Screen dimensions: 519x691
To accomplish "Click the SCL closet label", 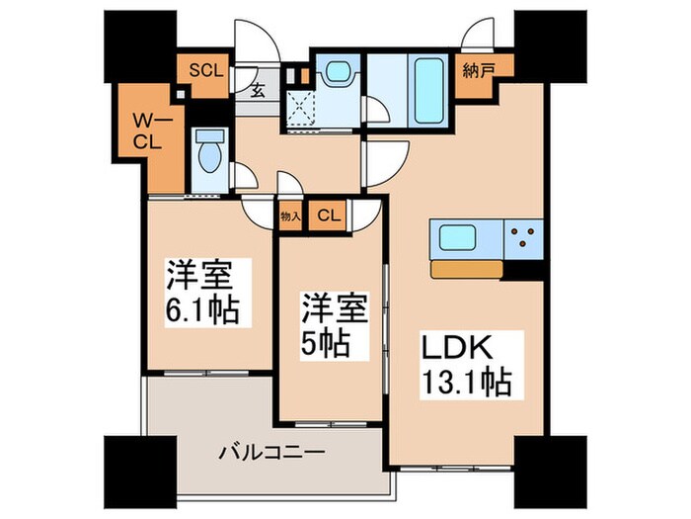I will point(207,70).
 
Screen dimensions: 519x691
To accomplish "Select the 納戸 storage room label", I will point(479,71).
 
